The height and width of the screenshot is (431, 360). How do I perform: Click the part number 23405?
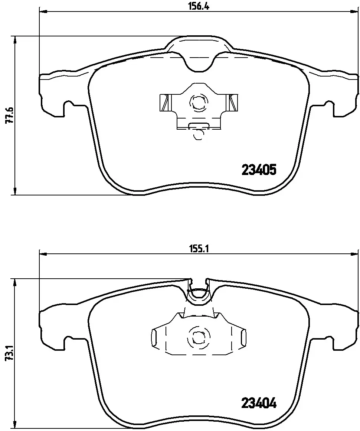coord(259,171)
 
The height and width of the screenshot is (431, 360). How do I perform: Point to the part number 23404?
coord(259,403)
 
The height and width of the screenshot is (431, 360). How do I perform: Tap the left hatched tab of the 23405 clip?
coord(163,103)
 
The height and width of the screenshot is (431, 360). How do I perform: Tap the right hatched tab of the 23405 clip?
coord(233,103)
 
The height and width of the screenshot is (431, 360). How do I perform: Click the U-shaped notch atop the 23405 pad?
coord(199,61)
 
